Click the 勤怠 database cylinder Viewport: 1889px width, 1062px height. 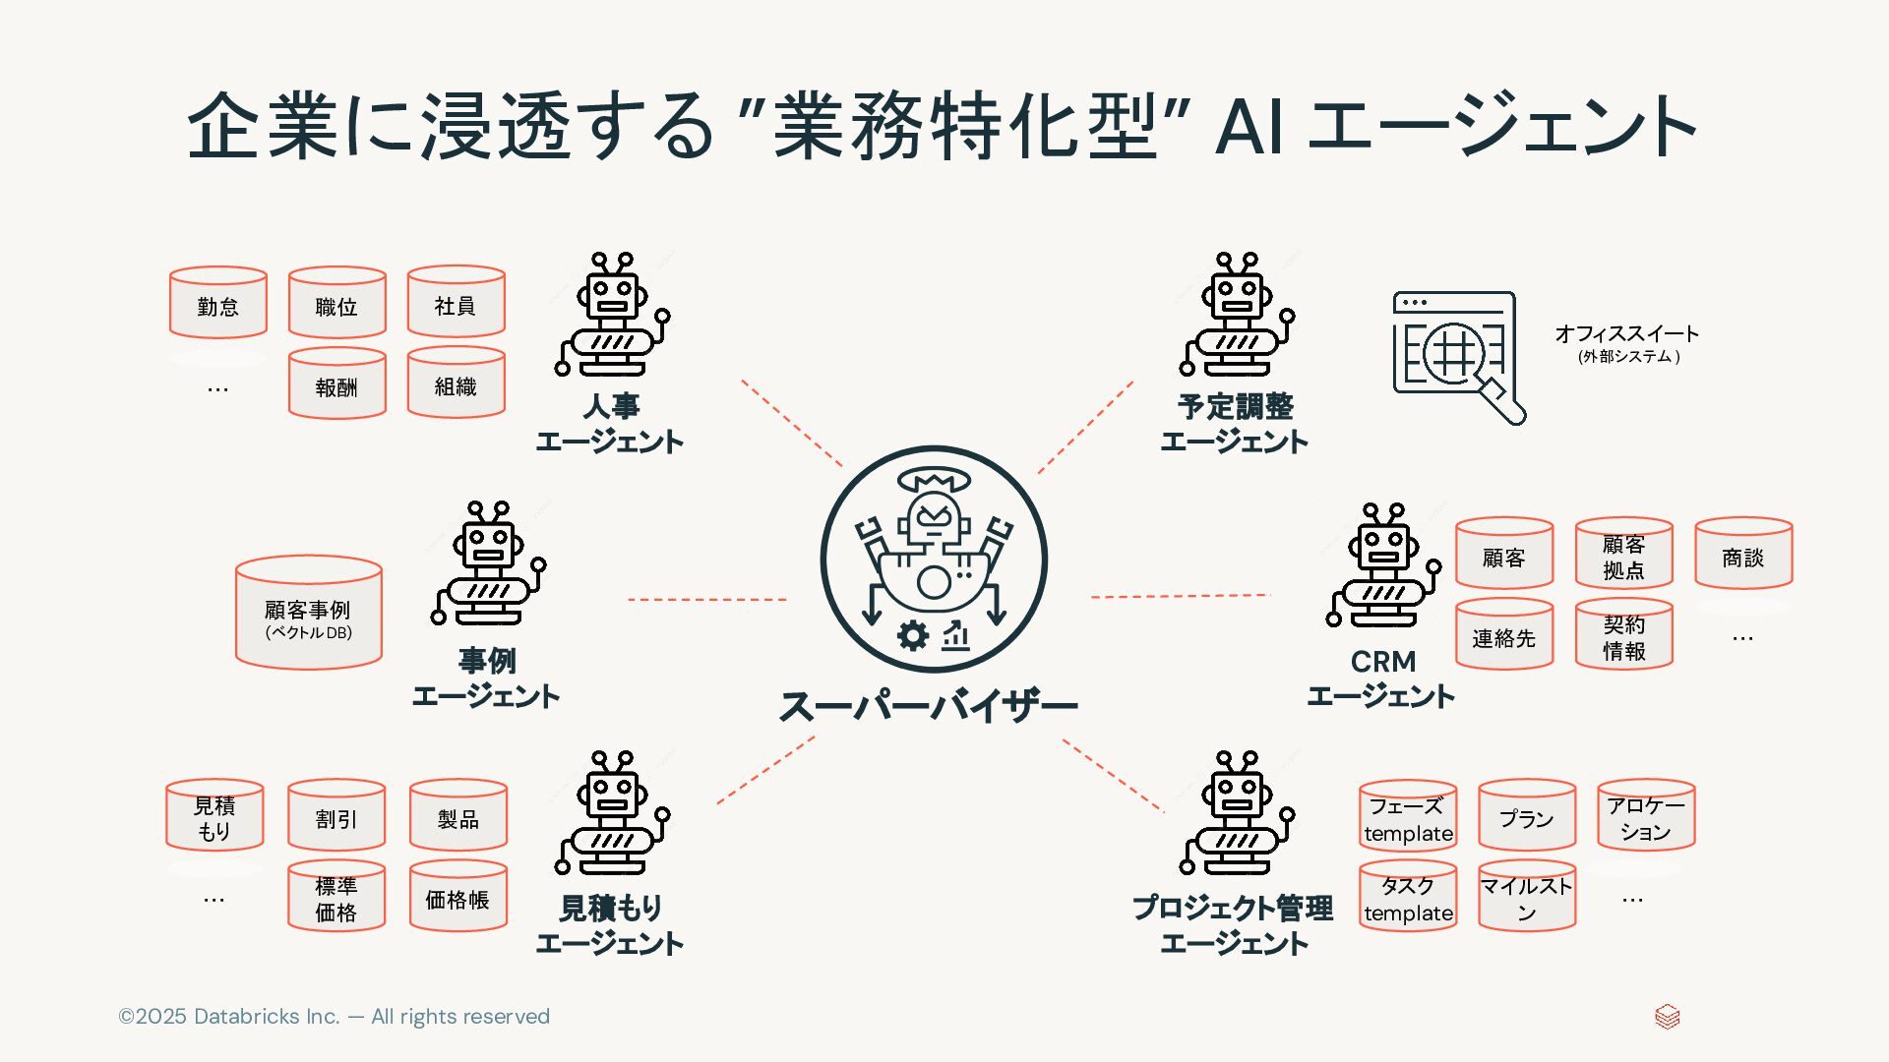point(217,303)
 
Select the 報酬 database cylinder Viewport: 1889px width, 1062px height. point(336,383)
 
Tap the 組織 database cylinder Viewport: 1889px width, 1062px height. point(456,383)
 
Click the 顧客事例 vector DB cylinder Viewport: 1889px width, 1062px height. point(308,614)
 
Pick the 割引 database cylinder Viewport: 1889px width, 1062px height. point(336,815)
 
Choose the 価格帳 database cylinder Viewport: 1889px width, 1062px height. point(457,896)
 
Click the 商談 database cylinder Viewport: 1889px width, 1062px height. point(1742,554)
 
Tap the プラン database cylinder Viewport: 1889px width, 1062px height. point(1526,815)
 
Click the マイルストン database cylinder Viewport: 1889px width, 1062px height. point(1526,896)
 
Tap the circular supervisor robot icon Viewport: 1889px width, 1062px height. point(934,559)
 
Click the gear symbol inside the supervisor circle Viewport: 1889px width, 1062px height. point(913,635)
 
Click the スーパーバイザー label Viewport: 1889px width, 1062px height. point(929,706)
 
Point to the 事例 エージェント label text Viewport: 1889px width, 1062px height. point(486,678)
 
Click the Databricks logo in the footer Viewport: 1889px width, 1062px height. point(1667,1017)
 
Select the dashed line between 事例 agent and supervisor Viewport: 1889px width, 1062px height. point(706,599)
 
